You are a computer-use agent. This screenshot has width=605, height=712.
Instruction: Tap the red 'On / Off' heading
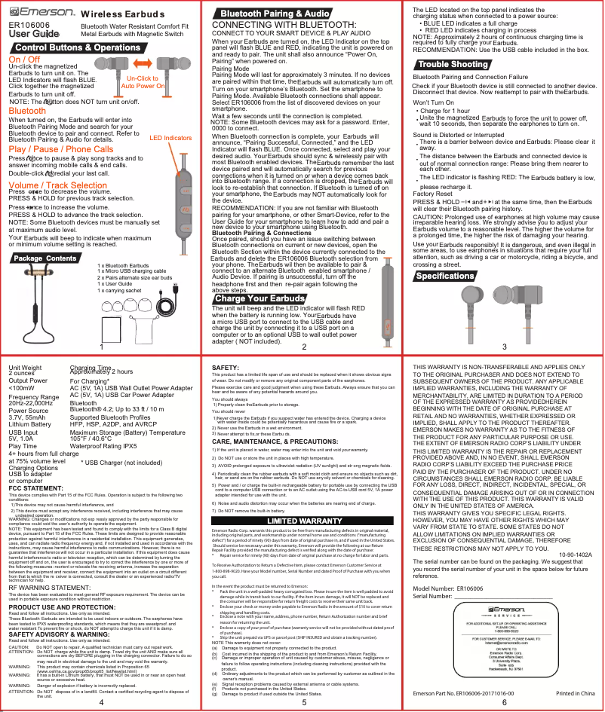[x=24, y=59]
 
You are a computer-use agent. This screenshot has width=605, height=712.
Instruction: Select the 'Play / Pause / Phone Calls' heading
[x=60, y=148]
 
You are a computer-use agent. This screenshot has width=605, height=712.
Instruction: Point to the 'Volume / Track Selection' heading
[x=57, y=185]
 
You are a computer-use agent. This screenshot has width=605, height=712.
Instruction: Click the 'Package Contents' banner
[x=45, y=258]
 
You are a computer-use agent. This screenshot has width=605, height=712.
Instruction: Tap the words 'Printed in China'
[x=576, y=692]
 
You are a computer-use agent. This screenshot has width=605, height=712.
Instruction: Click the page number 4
[x=101, y=701]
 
